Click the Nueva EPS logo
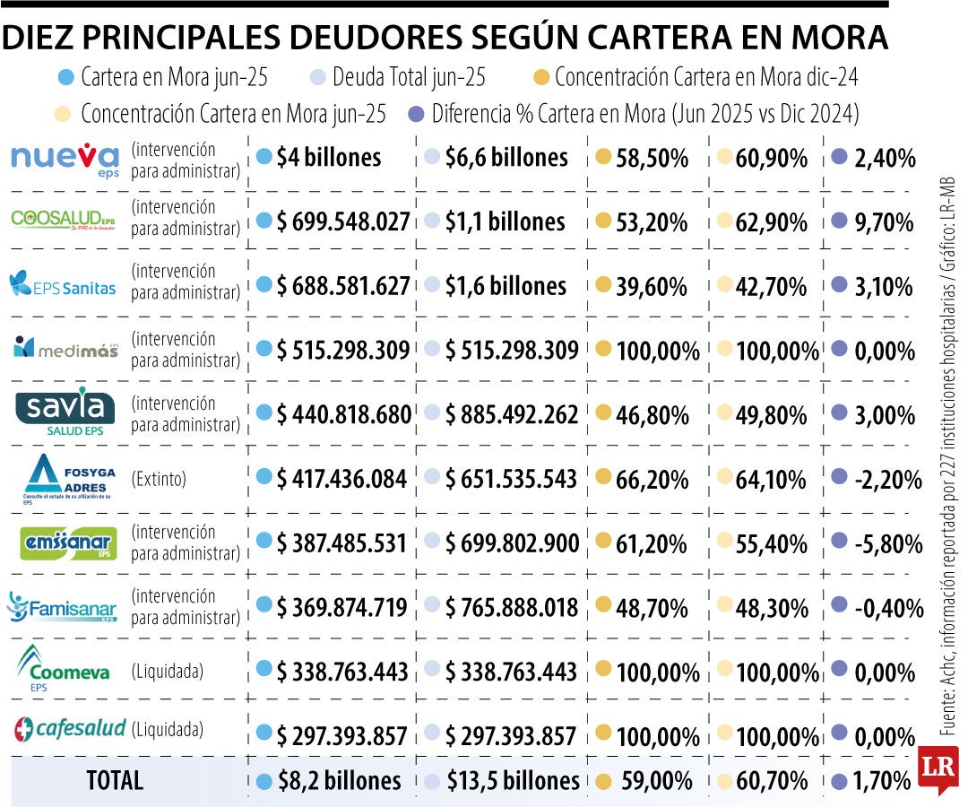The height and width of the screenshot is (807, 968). pyautogui.click(x=65, y=159)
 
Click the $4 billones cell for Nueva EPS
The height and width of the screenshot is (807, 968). pyautogui.click(x=329, y=158)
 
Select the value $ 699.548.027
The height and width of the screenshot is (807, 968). pyautogui.click(x=343, y=221)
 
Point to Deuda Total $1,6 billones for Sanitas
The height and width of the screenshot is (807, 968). pyautogui.click(x=506, y=286)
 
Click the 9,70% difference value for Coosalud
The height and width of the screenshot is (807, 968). pyautogui.click(x=883, y=222)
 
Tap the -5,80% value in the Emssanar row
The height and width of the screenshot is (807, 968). pyautogui.click(x=887, y=543)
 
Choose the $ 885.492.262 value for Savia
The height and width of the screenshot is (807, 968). pyautogui.click(x=512, y=414)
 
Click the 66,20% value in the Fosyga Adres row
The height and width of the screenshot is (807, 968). pyautogui.click(x=652, y=479)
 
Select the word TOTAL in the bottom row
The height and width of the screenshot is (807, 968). pyautogui.click(x=114, y=780)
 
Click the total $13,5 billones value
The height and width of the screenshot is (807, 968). pyautogui.click(x=513, y=780)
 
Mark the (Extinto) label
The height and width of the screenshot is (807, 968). pyautogui.click(x=159, y=479)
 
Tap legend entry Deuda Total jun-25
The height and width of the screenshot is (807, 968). pyautogui.click(x=408, y=78)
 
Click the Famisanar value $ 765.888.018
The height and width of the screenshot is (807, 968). pyautogui.click(x=512, y=608)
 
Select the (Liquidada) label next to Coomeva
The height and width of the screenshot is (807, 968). pyautogui.click(x=167, y=671)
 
